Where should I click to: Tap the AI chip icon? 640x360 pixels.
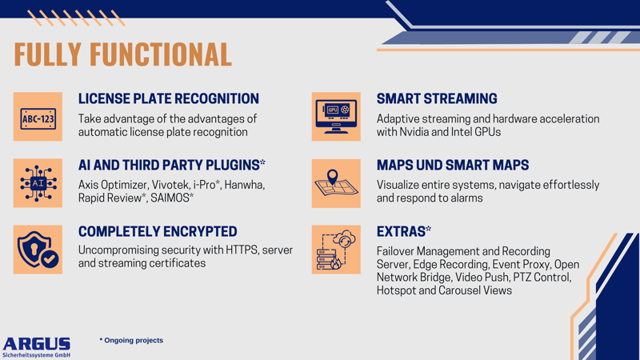tap(38, 183)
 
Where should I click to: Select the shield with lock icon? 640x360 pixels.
tap(38, 250)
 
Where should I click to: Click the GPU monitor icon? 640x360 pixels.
tap(336, 118)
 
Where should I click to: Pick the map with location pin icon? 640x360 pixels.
tap(336, 183)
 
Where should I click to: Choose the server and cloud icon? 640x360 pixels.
tap(336, 250)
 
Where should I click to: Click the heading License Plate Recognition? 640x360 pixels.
tap(168, 99)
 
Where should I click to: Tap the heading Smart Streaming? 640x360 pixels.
tap(437, 99)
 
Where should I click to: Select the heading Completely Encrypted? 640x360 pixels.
tap(158, 232)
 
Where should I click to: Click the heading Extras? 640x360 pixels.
tap(403, 232)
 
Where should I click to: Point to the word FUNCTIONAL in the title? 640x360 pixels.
tap(160, 54)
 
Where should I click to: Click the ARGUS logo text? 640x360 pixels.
tap(37, 343)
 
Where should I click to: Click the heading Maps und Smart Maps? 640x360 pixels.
tap(453, 166)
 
